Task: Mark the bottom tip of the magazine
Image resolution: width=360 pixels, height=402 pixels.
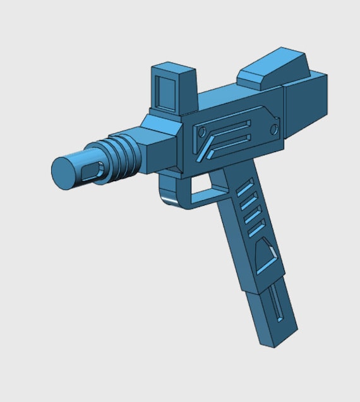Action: pos(278,340)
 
